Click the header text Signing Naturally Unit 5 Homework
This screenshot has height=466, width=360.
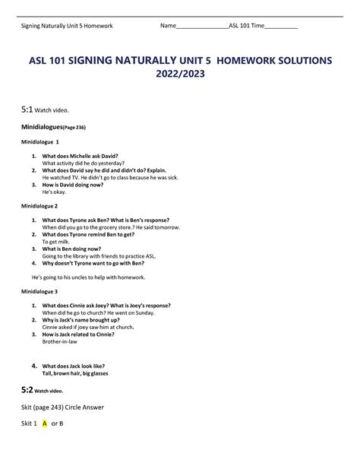[66, 26]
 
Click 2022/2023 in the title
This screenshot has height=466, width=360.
[179, 76]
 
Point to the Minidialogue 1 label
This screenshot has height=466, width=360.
[40, 142]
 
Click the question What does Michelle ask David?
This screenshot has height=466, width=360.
[80, 156]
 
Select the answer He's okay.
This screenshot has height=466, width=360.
[58, 192]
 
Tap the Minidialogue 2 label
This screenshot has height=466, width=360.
[40, 206]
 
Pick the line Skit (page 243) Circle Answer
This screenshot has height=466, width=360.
[62, 407]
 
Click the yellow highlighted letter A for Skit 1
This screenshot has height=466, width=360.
[45, 423]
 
